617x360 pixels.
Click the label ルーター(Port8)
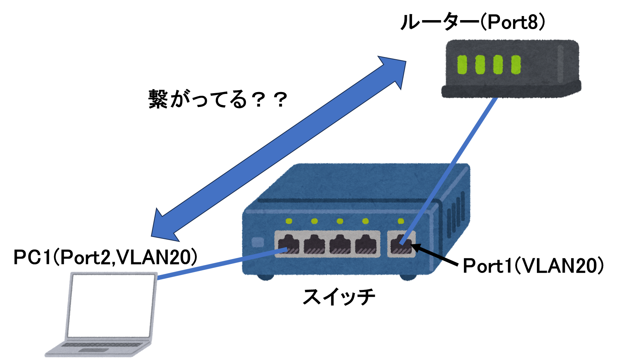pyautogui.click(x=473, y=22)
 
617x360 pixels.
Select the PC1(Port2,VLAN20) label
pyautogui.click(x=105, y=257)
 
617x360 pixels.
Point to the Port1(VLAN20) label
pyautogui.click(x=533, y=266)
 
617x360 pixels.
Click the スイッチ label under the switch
pyautogui.click(x=339, y=297)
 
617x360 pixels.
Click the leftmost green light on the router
pyautogui.click(x=462, y=65)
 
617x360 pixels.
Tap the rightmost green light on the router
pyautogui.click(x=516, y=65)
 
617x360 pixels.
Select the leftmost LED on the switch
pyautogui.click(x=289, y=221)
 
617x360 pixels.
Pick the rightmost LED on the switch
pyautogui.click(x=401, y=221)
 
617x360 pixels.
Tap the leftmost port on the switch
pyautogui.click(x=288, y=244)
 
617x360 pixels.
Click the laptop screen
pyautogui.click(x=111, y=306)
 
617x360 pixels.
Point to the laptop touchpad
pyautogui.click(x=94, y=350)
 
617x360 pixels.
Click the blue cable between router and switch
pyautogui.click(x=448, y=171)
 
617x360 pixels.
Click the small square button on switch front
pyautogui.click(x=258, y=242)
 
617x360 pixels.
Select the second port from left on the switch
pyautogui.click(x=314, y=244)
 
